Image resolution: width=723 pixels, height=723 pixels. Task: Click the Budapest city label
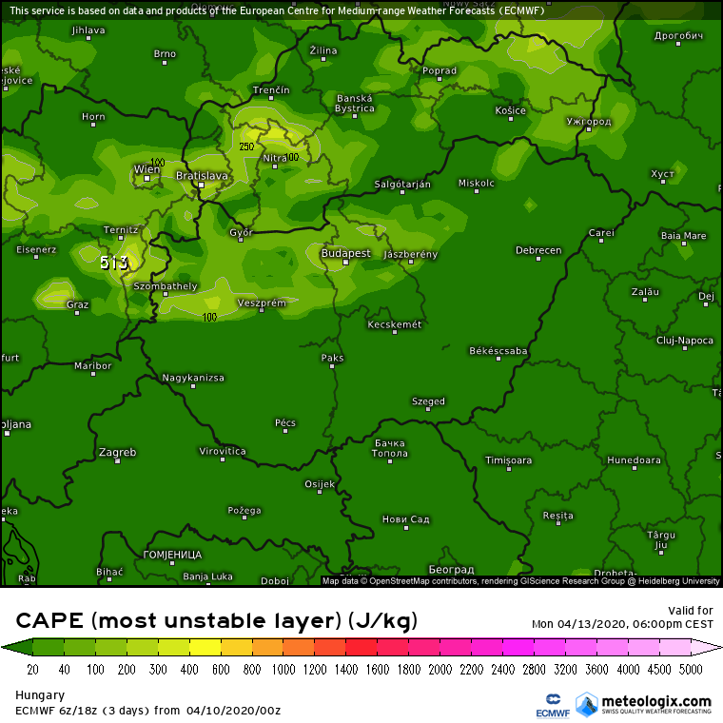pyautogui.click(x=345, y=253)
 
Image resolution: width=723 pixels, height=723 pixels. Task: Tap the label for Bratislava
pyautogui.click(x=203, y=176)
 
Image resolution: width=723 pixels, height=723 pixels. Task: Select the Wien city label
pyautogui.click(x=147, y=169)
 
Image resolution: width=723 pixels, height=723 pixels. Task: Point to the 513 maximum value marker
pyautogui.click(x=113, y=262)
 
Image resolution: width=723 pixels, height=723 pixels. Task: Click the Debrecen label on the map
pyautogui.click(x=538, y=250)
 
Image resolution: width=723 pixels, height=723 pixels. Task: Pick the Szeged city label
pyautogui.click(x=428, y=401)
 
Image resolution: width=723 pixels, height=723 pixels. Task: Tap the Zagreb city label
pyautogui.click(x=117, y=452)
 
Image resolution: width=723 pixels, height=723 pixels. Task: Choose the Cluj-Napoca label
pyautogui.click(x=685, y=340)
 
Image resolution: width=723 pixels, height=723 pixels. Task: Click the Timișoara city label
pyautogui.click(x=508, y=460)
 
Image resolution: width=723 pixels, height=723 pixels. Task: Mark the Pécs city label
pyautogui.click(x=285, y=422)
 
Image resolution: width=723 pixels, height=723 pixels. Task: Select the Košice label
pyautogui.click(x=511, y=110)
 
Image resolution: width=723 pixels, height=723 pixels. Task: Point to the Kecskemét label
pyautogui.click(x=395, y=324)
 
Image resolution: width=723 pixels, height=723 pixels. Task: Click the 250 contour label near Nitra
pyautogui.click(x=246, y=147)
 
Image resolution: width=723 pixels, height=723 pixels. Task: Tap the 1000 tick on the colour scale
pyautogui.click(x=283, y=670)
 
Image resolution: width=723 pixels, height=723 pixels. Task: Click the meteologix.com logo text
pyautogui.click(x=656, y=701)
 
